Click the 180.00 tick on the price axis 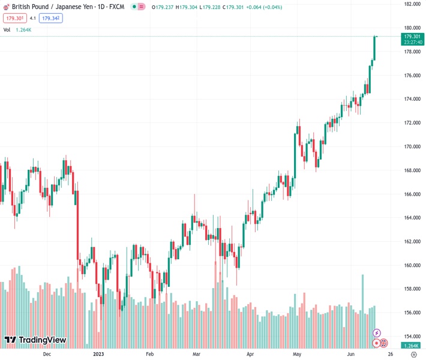412,28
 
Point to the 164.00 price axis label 412,218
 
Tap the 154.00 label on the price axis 412,337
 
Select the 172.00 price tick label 412,123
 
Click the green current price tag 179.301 412,36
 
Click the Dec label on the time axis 47,354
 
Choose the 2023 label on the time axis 100,354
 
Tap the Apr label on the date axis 250,354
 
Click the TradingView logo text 42,340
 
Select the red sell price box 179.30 13,18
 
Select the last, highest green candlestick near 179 374,48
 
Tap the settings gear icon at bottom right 413,354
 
